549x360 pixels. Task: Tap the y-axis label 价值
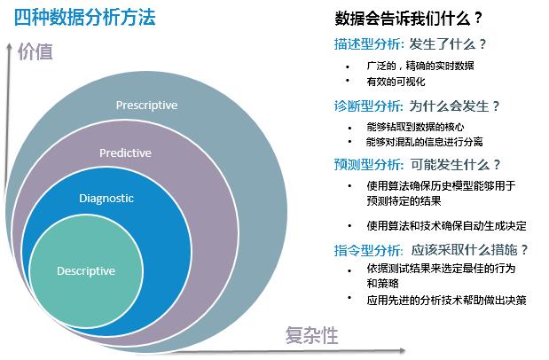35,51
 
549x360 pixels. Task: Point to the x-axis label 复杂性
311,334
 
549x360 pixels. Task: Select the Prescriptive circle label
146,106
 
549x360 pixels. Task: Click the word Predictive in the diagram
125,153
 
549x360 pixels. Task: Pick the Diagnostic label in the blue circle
106,198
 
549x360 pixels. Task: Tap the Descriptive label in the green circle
87,270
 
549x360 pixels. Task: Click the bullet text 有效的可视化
396,82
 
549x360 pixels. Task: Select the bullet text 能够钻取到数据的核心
414,127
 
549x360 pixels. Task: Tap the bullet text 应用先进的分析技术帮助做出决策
446,300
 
